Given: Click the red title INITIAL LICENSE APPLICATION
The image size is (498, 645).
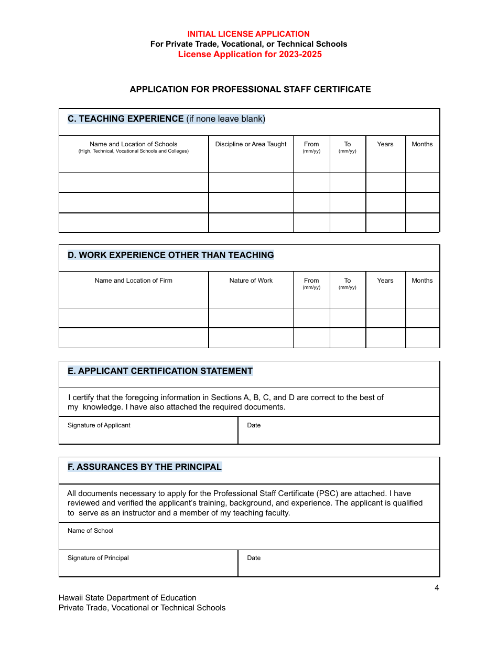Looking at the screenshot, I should tap(248, 34).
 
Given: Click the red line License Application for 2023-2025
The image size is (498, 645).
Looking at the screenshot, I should tap(250, 55).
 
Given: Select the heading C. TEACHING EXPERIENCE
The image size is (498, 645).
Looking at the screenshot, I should tap(126, 119).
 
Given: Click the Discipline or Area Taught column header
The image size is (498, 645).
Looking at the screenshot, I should tap(251, 144).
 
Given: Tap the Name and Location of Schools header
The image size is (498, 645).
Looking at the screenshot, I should tap(133, 144).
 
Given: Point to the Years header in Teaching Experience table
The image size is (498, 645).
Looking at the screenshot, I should tap(385, 144).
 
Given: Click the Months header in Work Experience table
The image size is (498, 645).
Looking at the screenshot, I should tap(422, 281).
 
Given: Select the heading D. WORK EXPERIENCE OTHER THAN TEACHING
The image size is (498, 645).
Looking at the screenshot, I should tap(170, 255).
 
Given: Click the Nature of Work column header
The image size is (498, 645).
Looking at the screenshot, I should tap(251, 281).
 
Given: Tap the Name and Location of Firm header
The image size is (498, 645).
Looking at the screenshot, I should tap(133, 281).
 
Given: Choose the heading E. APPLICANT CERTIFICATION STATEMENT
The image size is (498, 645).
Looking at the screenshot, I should tap(160, 371).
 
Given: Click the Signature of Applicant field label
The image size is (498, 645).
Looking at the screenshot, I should tap(99, 425).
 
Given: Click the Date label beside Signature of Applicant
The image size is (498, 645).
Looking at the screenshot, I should tap(254, 425).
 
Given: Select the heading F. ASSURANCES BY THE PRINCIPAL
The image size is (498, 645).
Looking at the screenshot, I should tap(144, 467).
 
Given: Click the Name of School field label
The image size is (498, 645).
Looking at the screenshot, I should tap(90, 531).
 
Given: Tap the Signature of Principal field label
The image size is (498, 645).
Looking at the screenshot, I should tap(98, 558).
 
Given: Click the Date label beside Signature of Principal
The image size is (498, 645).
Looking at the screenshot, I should tap(254, 558).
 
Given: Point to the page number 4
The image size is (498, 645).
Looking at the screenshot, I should tap(437, 588).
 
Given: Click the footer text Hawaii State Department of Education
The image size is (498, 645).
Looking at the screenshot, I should tap(127, 598).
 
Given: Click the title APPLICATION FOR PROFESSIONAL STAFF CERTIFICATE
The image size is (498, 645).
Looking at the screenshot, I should tap(250, 90).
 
